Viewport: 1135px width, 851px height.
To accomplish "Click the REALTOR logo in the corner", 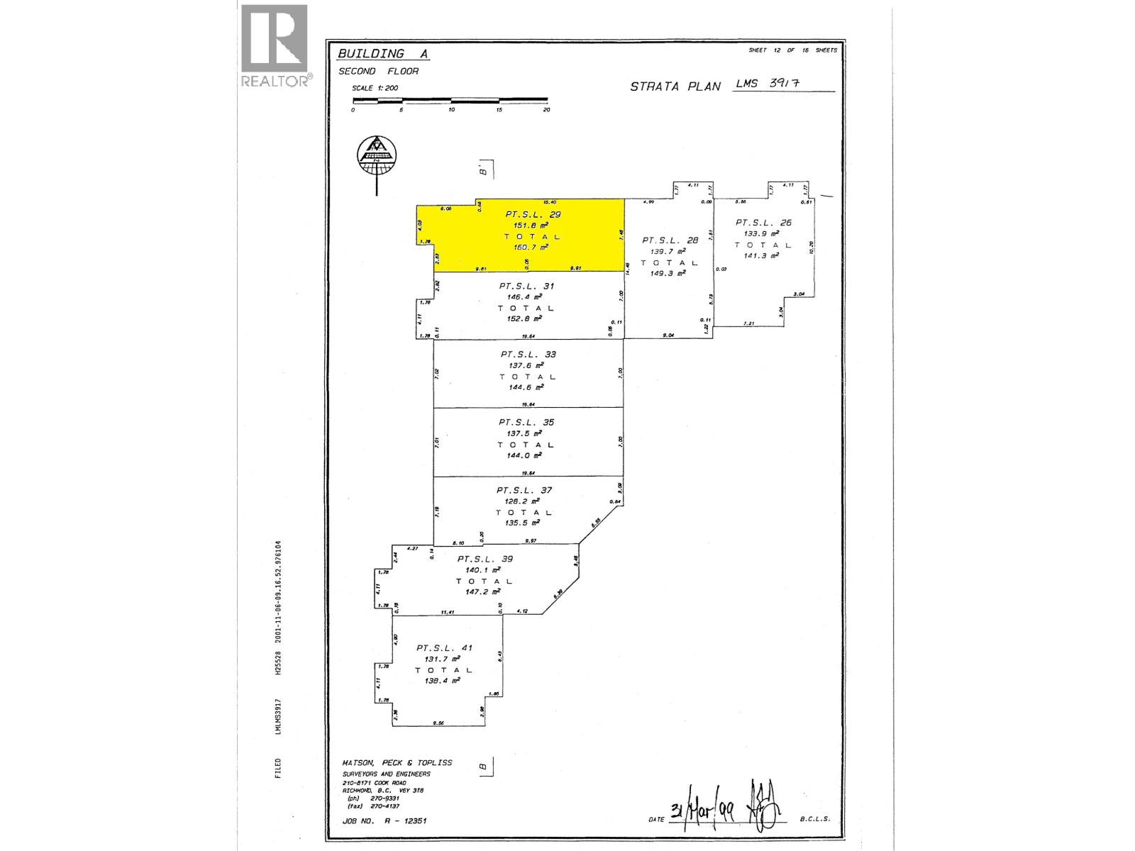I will click(275, 46).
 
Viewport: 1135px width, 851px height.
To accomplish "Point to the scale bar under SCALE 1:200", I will click(450, 100).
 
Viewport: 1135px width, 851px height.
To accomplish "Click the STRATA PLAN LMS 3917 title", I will click(731, 85).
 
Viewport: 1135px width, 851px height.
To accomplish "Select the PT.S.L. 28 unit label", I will click(670, 240).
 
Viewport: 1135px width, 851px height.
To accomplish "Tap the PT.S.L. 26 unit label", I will click(763, 223).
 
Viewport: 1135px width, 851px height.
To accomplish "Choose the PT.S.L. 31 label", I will click(526, 287).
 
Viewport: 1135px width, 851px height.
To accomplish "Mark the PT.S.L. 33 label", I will click(528, 355).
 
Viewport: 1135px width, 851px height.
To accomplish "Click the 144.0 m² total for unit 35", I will click(526, 456).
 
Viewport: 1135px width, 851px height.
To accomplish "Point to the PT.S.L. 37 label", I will click(524, 490).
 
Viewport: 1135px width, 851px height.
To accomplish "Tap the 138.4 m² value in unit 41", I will click(443, 681).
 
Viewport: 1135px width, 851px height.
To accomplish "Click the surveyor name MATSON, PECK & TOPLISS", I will click(397, 763).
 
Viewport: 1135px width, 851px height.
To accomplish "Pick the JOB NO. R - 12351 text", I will click(384, 821).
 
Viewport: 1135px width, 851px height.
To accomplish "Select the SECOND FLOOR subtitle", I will click(378, 72).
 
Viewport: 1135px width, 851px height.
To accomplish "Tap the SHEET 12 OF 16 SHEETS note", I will click(792, 50).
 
